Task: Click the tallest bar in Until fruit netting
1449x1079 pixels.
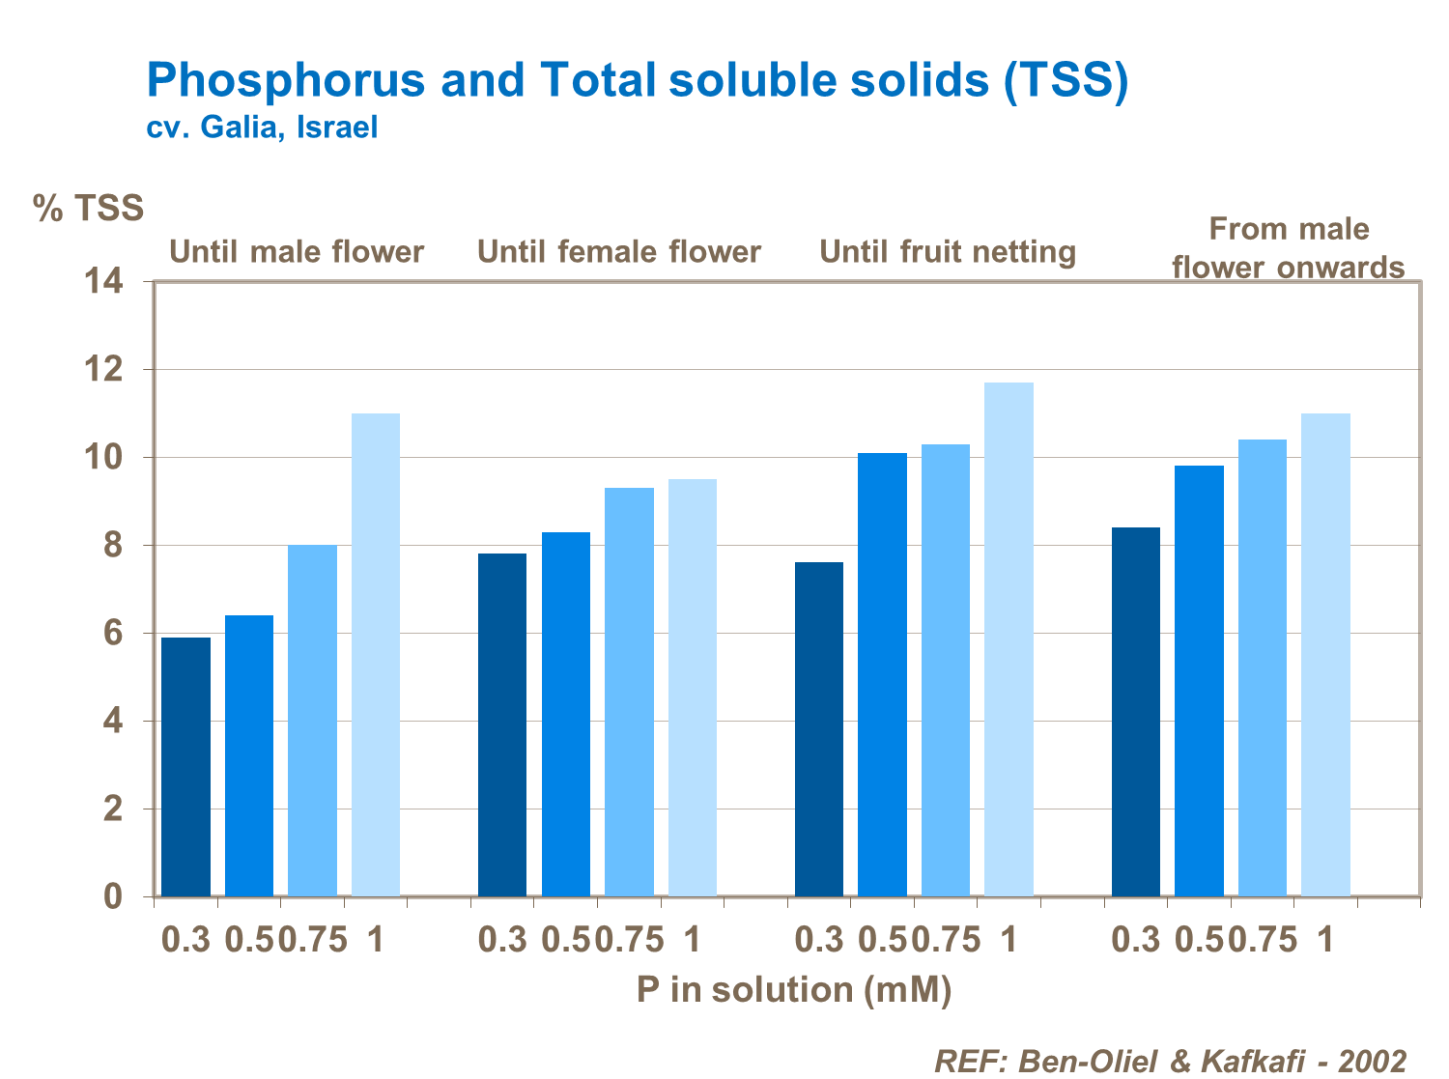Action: [x=1009, y=639]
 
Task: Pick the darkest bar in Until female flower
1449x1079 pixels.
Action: [x=502, y=724]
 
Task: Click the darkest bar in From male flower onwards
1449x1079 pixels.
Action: [x=1135, y=711]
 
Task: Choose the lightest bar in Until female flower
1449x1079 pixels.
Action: [x=692, y=687]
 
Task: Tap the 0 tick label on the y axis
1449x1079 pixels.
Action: [x=113, y=897]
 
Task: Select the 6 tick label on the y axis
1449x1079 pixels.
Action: [x=113, y=634]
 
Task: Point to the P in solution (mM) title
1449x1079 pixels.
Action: [x=794, y=989]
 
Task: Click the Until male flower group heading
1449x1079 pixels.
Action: [x=297, y=252]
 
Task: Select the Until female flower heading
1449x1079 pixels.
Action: [x=619, y=252]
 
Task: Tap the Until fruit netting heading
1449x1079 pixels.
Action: [x=948, y=252]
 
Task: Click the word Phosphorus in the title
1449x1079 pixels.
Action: [x=286, y=79]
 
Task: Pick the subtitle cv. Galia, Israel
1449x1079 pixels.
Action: [x=262, y=128]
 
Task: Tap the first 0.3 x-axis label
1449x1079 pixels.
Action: [x=185, y=939]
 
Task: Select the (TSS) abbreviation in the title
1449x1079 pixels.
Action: [x=1066, y=80]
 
